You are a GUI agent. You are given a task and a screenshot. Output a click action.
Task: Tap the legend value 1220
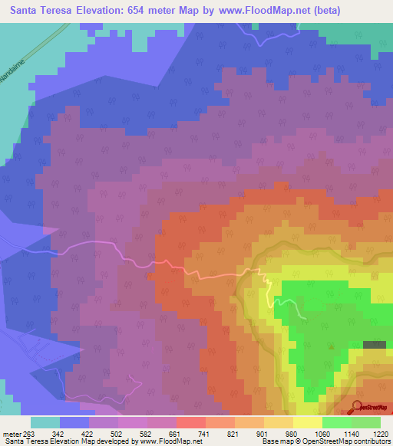[381, 434]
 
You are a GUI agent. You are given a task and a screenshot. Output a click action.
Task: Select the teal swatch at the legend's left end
[45, 422]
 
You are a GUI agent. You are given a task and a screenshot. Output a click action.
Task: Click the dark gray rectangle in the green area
[375, 346]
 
